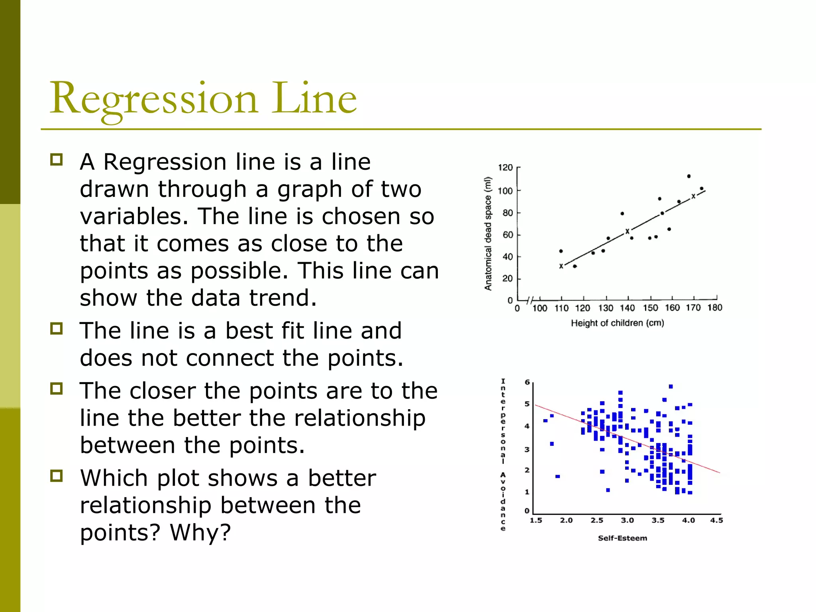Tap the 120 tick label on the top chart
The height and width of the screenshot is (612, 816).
tap(505, 167)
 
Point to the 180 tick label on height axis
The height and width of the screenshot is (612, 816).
tap(715, 308)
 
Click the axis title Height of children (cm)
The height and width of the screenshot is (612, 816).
tap(617, 323)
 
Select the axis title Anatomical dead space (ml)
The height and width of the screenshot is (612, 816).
tap(488, 233)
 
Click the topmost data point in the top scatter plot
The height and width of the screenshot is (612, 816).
tap(689, 176)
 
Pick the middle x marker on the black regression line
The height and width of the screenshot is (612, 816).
tap(627, 231)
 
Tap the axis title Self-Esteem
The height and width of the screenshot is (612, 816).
tap(622, 538)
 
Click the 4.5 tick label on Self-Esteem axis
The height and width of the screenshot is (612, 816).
tap(716, 520)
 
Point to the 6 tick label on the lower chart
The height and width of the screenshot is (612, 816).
tap(527, 382)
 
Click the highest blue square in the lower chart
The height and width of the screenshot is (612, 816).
tap(671, 386)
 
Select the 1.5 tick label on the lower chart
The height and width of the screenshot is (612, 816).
tap(536, 520)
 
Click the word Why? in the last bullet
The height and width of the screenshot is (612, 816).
tap(200, 532)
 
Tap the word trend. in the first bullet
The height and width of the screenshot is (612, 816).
tap(283, 298)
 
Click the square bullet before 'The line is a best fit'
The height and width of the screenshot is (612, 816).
tap(57, 329)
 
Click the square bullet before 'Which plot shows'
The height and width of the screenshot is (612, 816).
tap(57, 476)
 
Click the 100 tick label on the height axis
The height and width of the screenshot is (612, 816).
tap(540, 308)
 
